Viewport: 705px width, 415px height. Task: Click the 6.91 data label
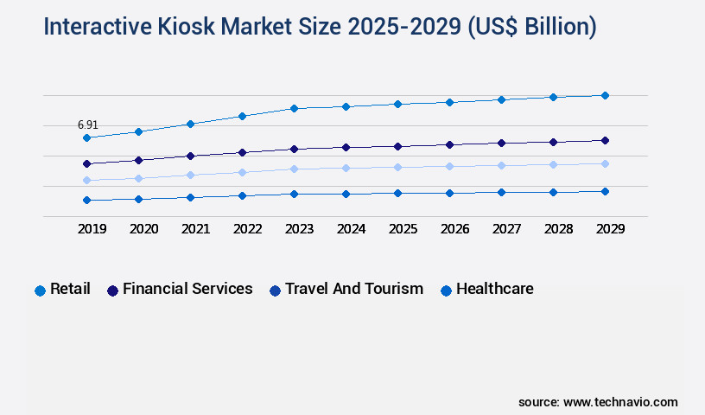click(87, 125)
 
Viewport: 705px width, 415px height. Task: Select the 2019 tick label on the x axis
click(92, 229)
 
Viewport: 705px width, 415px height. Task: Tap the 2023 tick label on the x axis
click(299, 229)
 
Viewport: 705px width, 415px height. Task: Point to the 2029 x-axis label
click(610, 229)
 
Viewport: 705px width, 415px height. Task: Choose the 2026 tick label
click(454, 229)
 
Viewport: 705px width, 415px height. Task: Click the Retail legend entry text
click(70, 289)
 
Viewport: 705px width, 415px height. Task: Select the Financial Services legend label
click(187, 289)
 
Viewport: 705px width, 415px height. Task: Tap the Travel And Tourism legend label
click(354, 289)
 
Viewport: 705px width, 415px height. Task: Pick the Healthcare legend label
click(494, 289)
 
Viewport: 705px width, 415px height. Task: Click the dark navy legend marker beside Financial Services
click(112, 290)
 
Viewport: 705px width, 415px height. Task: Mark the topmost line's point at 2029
click(605, 95)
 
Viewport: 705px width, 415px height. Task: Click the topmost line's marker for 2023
click(294, 108)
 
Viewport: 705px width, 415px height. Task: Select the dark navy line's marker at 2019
click(86, 163)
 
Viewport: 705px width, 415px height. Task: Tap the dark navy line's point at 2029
click(605, 140)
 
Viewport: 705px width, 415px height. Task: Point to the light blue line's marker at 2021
click(190, 175)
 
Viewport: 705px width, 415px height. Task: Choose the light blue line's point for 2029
click(605, 163)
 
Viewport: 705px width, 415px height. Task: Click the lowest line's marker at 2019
click(86, 200)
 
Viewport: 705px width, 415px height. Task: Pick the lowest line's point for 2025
click(397, 193)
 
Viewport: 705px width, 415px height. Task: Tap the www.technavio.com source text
click(620, 402)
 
